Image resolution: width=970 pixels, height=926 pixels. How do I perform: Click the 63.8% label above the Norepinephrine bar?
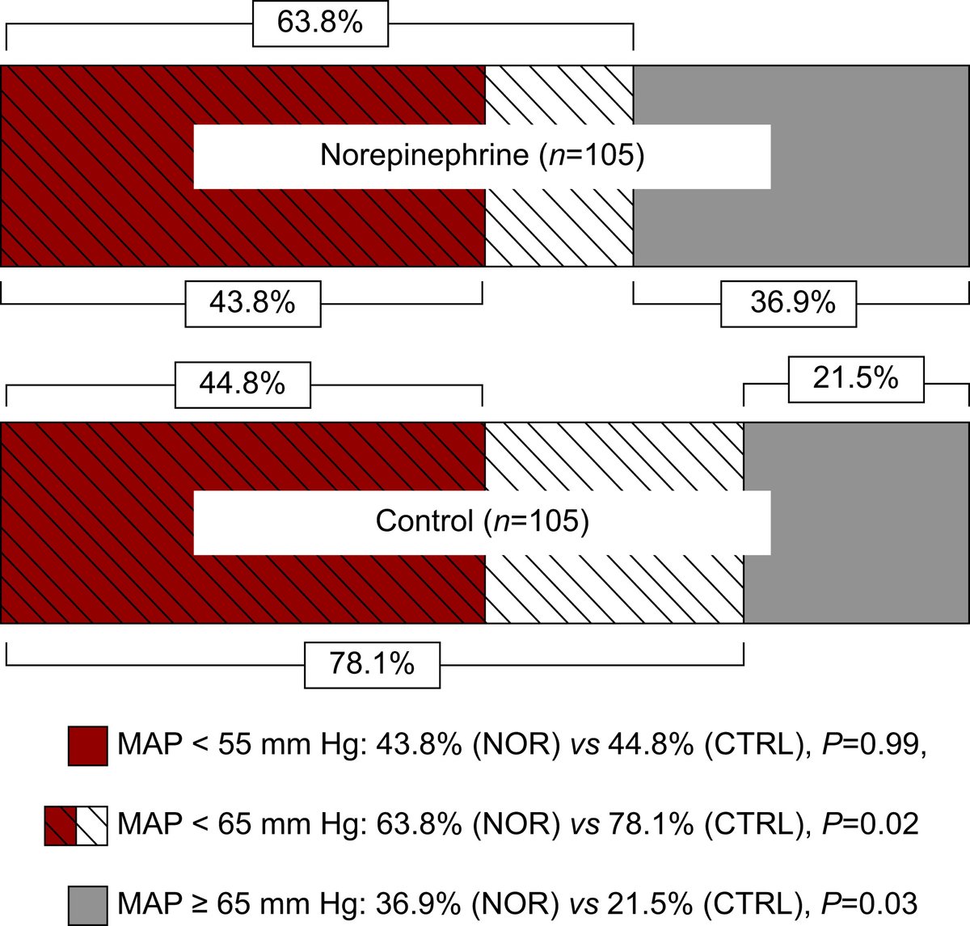click(320, 23)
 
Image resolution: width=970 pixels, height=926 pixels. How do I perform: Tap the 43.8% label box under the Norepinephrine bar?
click(252, 303)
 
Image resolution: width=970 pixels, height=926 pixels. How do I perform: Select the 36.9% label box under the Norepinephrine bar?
click(788, 303)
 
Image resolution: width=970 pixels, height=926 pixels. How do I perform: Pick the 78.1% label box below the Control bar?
click(372, 664)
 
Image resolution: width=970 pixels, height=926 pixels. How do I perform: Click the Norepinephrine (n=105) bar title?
click(482, 155)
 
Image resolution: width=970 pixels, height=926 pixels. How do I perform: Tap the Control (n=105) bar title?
click(482, 520)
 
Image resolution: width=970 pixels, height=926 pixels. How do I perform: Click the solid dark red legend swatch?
click(87, 745)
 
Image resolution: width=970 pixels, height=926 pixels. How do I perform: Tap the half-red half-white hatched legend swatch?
click(76, 825)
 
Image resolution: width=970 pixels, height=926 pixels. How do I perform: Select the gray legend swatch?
click(87, 904)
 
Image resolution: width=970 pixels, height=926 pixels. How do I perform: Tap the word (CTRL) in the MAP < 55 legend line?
click(755, 744)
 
